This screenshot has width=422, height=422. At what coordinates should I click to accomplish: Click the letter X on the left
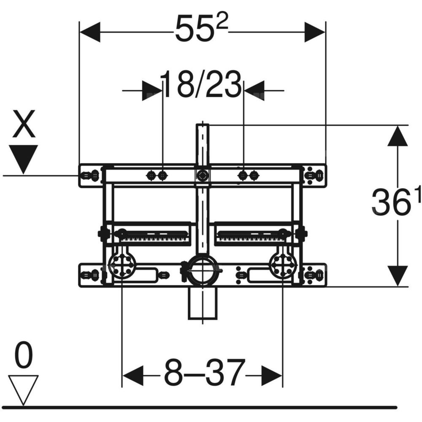pos(24,124)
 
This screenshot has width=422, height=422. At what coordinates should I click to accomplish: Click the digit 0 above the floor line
pos(23,355)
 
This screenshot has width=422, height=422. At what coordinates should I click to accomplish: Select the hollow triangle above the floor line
pos(23,389)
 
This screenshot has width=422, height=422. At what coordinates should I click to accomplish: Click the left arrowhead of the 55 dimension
pos(90,32)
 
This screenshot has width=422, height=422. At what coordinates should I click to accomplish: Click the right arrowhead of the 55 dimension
pos(315,32)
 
